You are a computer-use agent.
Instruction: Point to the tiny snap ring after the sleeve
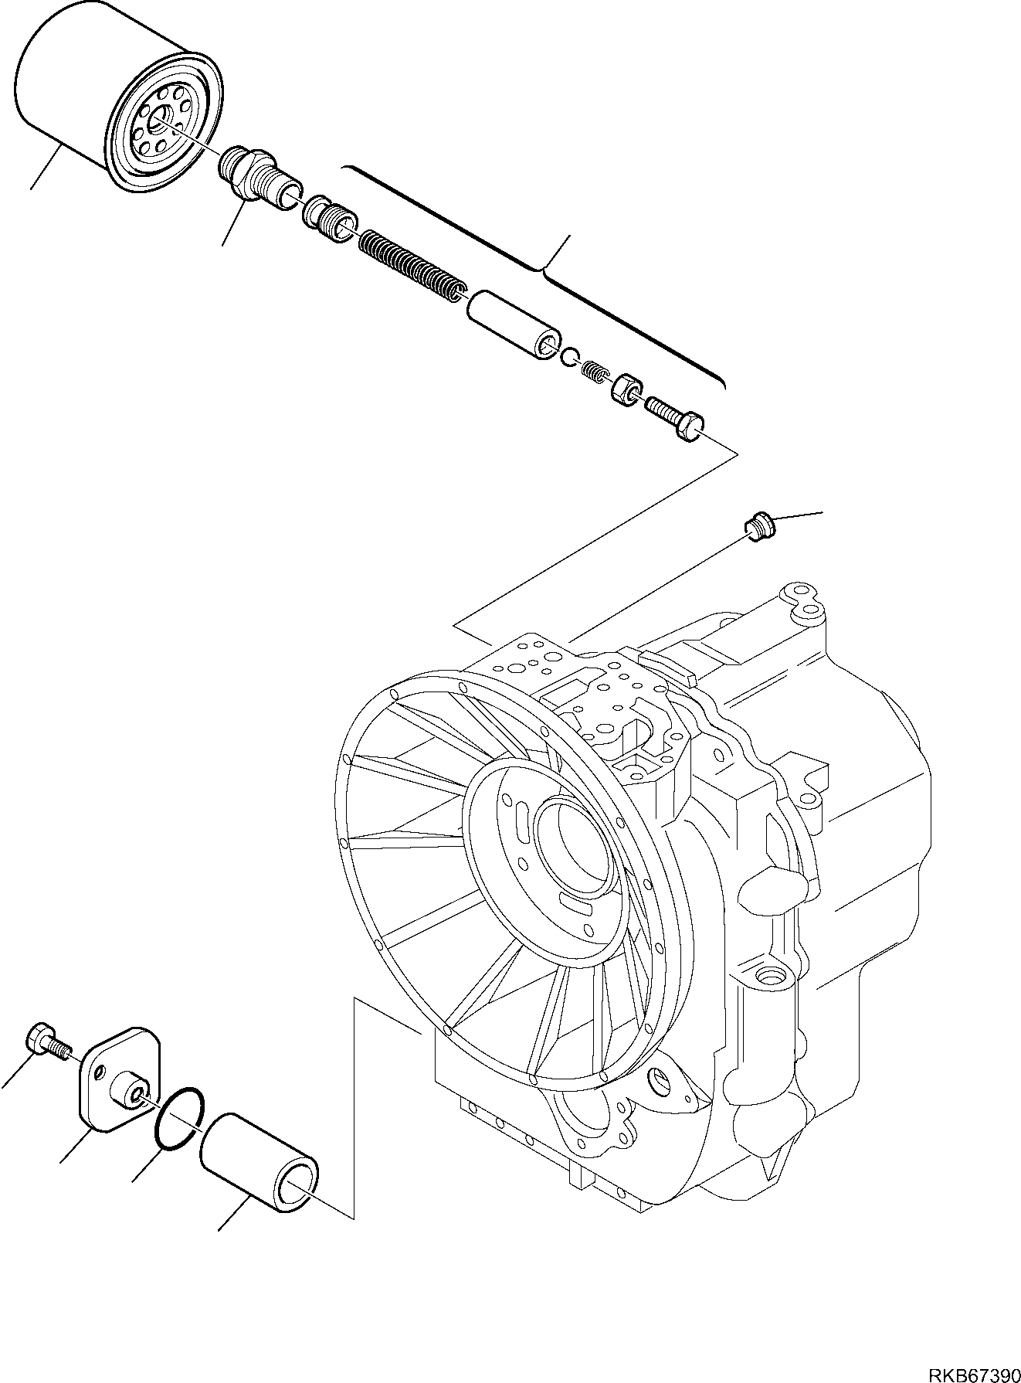point(570,356)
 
